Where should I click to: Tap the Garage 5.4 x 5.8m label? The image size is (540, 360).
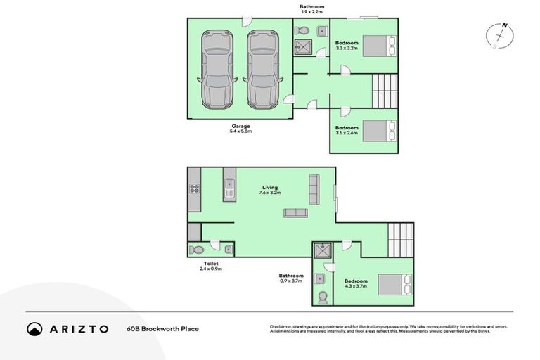(x=240, y=129)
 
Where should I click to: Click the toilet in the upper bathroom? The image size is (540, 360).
(x=300, y=31)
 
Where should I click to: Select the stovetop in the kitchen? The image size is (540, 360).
(x=194, y=188)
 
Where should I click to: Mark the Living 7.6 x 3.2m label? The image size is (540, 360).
(x=269, y=190)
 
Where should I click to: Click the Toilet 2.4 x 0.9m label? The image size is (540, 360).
(x=211, y=266)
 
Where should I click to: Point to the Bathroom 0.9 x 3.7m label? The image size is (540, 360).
(x=290, y=278)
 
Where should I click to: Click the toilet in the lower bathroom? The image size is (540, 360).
(x=323, y=296)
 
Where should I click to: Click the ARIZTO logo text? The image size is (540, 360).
(x=77, y=328)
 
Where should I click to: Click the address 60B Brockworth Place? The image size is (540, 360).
(x=162, y=328)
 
